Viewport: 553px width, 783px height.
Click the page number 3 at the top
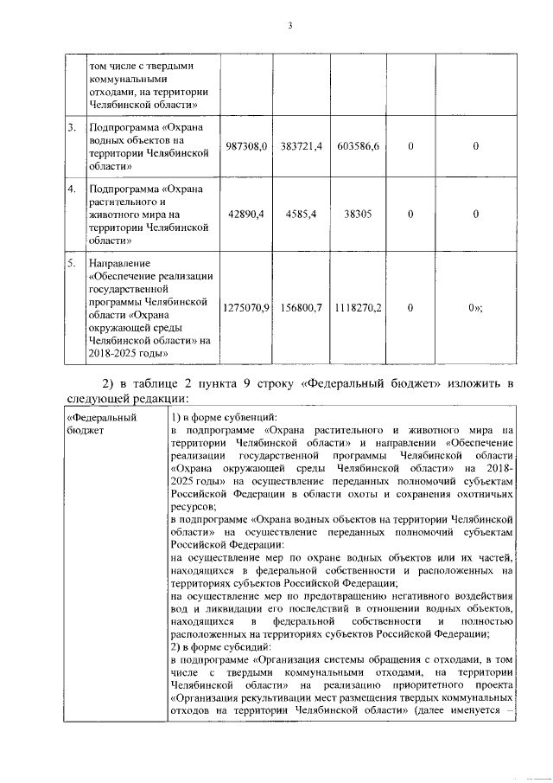pos(290,26)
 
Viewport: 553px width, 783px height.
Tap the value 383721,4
pos(302,148)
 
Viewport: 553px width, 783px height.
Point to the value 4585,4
pos(302,213)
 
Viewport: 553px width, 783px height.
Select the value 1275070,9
pos(247,307)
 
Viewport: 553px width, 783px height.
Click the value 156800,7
pos(302,307)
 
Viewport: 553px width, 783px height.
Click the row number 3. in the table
pos(72,129)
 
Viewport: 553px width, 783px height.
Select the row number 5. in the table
pos(72,260)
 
